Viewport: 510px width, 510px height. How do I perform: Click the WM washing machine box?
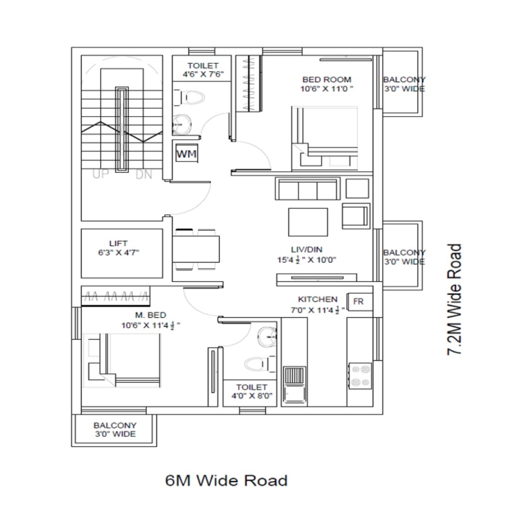187,153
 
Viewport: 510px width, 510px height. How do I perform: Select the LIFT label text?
119,243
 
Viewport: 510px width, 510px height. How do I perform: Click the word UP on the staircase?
101,174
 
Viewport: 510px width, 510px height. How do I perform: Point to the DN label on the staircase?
144,175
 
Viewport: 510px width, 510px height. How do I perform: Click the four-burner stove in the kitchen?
360,376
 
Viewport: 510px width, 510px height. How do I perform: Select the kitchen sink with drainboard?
294,385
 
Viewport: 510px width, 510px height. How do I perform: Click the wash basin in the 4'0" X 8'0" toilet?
267,337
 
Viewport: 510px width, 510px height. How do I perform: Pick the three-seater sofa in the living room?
308,188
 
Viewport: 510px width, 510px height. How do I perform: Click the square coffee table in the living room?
308,222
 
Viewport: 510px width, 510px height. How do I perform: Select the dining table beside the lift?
196,249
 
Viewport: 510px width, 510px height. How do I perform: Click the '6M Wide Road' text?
227,481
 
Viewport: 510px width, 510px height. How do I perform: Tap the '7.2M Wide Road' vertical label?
454,299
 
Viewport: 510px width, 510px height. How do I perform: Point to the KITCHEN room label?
318,299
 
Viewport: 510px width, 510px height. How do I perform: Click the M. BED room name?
150,315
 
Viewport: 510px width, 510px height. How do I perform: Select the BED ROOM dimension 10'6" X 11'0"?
327,89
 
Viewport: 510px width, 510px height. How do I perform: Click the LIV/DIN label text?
307,250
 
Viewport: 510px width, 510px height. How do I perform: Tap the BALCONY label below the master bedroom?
115,425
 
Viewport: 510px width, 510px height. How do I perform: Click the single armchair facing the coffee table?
356,216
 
